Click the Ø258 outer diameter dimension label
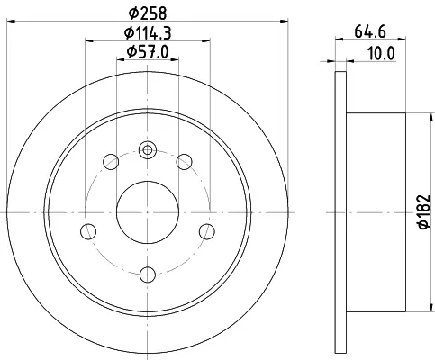(148, 13)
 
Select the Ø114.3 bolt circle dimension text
(148, 33)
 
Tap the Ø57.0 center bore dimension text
(148, 52)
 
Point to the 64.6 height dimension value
(370, 31)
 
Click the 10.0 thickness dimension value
(381, 54)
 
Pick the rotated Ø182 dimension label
(424, 211)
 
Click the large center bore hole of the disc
(148, 212)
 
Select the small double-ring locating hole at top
(148, 149)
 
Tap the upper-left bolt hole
(111, 162)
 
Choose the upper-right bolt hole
(184, 162)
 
